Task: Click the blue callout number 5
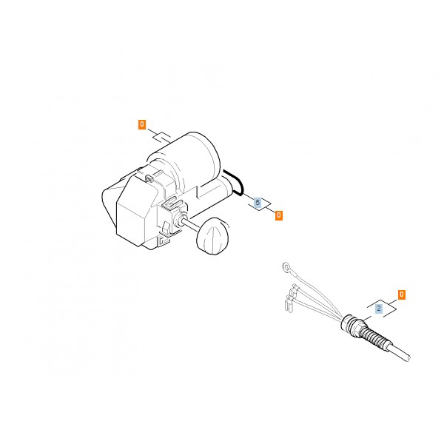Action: (x=258, y=203)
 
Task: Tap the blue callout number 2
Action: (x=379, y=309)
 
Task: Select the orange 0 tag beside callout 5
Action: (x=279, y=215)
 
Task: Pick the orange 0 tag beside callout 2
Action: (x=402, y=295)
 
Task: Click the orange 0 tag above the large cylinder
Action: (x=142, y=124)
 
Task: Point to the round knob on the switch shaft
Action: (x=212, y=236)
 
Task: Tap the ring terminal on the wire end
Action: (x=286, y=267)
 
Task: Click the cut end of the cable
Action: (x=408, y=358)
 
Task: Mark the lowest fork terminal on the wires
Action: (x=288, y=305)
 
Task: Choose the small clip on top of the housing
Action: (x=149, y=178)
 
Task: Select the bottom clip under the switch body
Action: (x=164, y=241)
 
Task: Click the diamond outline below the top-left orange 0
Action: (x=162, y=137)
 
